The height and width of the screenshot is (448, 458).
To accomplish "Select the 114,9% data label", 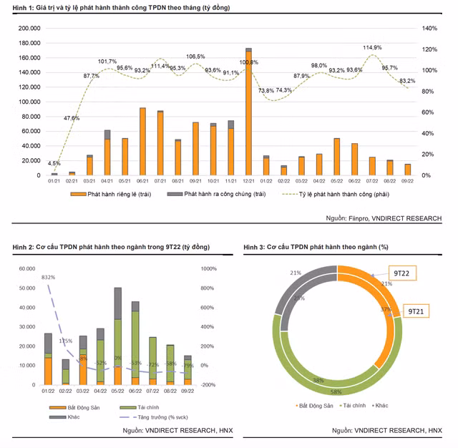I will [372, 48].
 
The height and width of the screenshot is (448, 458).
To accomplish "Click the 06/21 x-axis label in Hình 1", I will [142, 182].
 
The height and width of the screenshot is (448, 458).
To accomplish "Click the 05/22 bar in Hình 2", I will [117, 336].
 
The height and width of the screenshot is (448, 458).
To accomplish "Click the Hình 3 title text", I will [316, 247].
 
